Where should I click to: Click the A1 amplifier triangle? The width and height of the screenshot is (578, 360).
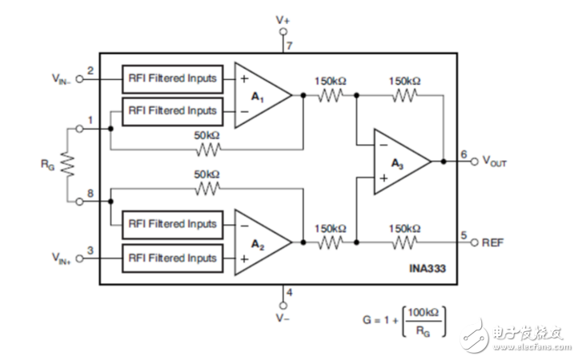click(x=259, y=94)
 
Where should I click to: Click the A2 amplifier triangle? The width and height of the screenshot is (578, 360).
click(x=259, y=242)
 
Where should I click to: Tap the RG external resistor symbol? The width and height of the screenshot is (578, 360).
click(x=68, y=165)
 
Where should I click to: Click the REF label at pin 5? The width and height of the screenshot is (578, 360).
click(x=496, y=242)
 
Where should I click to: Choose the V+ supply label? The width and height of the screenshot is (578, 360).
click(x=282, y=18)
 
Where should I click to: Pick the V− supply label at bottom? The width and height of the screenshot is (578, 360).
click(x=282, y=318)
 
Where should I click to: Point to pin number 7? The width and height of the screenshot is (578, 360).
click(x=289, y=46)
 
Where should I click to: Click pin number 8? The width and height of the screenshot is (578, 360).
click(x=90, y=193)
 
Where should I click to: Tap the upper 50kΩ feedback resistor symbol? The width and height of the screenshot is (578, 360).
click(x=208, y=149)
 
